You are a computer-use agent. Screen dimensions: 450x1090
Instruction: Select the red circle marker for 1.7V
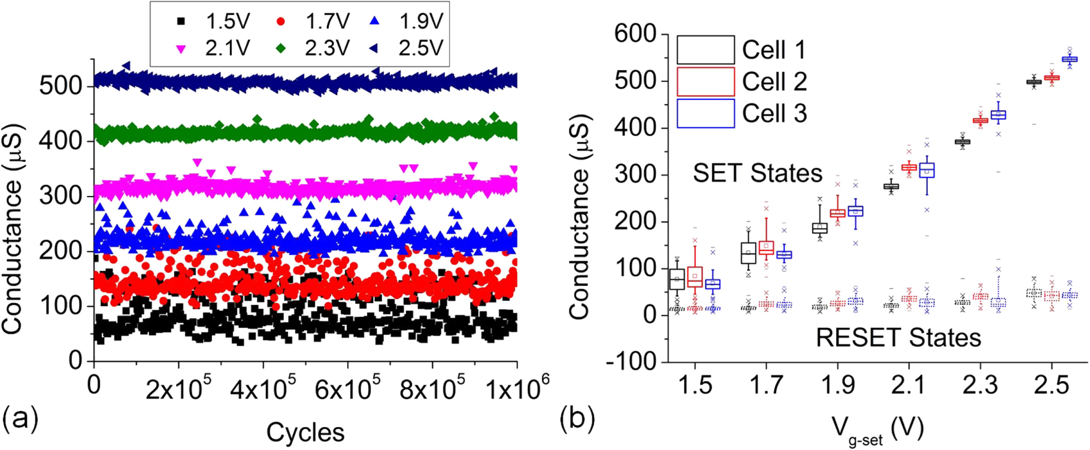click(x=281, y=22)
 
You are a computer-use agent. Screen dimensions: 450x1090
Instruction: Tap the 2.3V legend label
click(x=327, y=48)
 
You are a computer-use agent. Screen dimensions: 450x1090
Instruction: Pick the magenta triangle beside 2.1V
click(x=181, y=49)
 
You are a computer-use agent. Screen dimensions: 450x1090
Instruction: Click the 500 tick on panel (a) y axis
click(x=61, y=86)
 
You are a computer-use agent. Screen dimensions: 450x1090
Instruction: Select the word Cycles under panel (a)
click(x=305, y=431)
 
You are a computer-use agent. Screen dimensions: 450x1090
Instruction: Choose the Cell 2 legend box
click(x=706, y=81)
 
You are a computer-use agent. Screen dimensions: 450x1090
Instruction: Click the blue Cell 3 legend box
click(x=706, y=113)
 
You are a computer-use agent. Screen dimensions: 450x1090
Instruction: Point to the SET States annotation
click(x=758, y=173)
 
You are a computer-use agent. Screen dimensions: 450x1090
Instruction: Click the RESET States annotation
click(x=898, y=338)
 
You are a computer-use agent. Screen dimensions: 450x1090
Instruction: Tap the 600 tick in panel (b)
click(x=635, y=34)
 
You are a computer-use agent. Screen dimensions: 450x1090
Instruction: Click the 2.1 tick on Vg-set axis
click(x=909, y=385)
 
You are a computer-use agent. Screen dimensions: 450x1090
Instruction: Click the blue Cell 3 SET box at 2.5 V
click(x=1070, y=59)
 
